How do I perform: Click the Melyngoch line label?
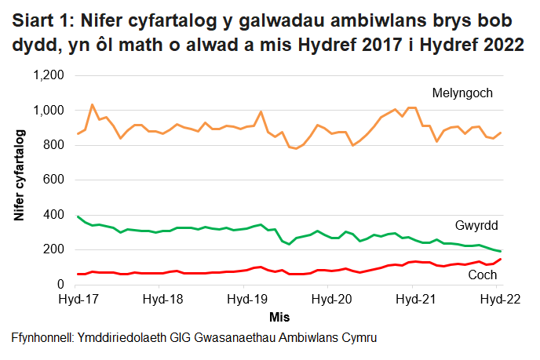[462, 93]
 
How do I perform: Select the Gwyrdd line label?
[476, 226]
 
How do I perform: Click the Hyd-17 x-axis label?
[78, 299]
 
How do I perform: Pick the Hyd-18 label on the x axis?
[162, 299]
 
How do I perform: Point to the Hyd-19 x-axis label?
[247, 299]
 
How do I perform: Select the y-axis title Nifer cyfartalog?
[20, 179]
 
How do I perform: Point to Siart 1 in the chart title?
[43, 20]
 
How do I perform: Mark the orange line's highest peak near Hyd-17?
[92, 104]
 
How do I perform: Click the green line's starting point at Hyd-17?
[78, 216]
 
